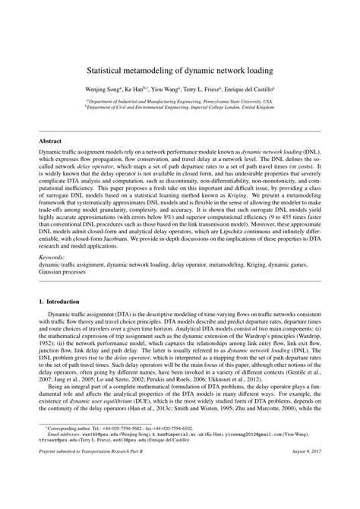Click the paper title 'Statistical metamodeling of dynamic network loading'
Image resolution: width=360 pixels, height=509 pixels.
pyautogui.click(x=180, y=69)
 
